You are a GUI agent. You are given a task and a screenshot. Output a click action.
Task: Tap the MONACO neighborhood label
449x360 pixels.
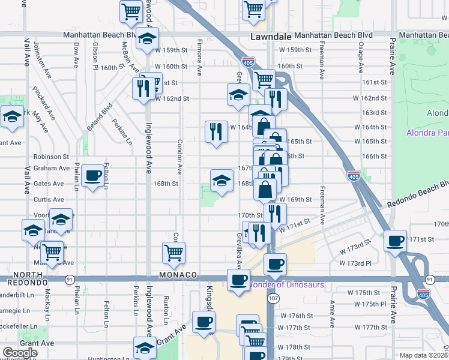pyautogui.click(x=179, y=274)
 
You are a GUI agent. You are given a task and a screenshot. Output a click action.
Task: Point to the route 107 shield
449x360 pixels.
pyautogui.click(x=274, y=298)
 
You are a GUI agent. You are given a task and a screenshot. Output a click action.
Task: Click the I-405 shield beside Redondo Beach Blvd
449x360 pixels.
pyautogui.click(x=354, y=175)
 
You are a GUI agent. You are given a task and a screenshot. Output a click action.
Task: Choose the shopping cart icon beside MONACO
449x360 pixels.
pyautogui.click(x=174, y=253)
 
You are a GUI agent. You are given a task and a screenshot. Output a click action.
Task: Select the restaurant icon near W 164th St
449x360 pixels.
pyautogui.click(x=215, y=131)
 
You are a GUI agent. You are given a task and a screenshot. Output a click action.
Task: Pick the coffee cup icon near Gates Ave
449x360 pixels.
pyautogui.click(x=93, y=176)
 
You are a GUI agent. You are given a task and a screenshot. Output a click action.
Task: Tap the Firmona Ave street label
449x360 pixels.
pyautogui.click(x=200, y=56)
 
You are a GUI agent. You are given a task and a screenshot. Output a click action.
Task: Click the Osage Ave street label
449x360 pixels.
pyautogui.click(x=361, y=62)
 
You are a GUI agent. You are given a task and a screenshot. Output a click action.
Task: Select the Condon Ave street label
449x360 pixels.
pyautogui.click(x=179, y=154)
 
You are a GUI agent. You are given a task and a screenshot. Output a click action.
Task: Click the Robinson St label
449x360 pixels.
pyautogui.click(x=52, y=156)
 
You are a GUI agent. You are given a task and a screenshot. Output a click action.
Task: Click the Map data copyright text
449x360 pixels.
pyautogui.click(x=424, y=355)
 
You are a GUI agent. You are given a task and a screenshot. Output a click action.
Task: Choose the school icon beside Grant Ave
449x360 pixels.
pyautogui.click(x=145, y=348)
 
